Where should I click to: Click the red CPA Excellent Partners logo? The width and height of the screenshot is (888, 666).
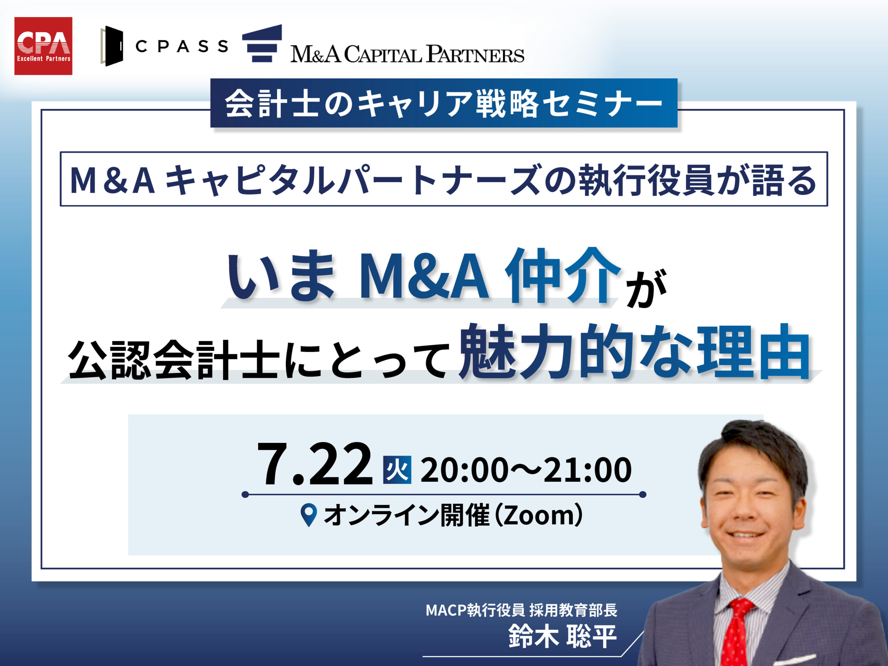(x=43, y=46)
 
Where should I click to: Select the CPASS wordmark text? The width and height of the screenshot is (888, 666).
(x=182, y=46)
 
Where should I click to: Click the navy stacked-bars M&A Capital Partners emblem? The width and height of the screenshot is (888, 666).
(x=262, y=43)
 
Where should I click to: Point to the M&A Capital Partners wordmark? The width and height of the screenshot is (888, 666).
(x=407, y=54)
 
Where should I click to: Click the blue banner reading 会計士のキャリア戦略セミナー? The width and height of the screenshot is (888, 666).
(x=444, y=103)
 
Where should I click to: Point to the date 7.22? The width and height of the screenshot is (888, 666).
(x=315, y=464)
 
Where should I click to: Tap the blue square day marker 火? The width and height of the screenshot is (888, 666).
(x=397, y=470)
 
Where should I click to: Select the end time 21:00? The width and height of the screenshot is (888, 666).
(x=587, y=470)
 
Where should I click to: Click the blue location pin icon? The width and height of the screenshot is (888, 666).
(x=309, y=515)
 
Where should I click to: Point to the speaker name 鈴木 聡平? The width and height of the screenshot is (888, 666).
(x=562, y=636)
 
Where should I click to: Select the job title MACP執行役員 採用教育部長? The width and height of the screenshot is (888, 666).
(x=521, y=610)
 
